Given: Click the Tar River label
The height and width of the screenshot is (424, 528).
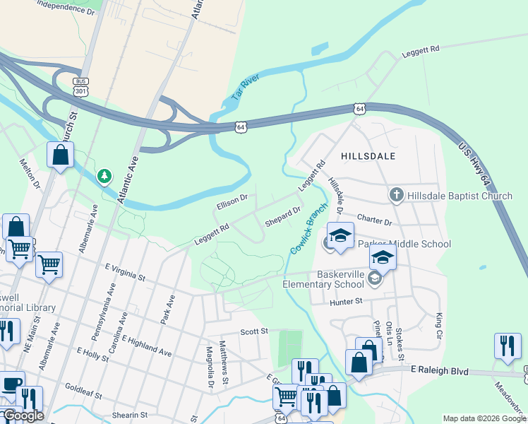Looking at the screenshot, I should coord(246,88).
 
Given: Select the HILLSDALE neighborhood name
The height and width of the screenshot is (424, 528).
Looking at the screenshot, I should coord(368,155).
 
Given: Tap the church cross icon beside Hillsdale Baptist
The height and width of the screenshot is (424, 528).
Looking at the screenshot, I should coord(396,194).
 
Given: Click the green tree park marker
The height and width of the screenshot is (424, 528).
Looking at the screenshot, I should coord(104,175).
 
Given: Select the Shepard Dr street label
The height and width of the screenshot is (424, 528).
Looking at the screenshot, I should coord(283,217).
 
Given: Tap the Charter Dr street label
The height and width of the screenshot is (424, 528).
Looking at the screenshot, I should coord(374,220).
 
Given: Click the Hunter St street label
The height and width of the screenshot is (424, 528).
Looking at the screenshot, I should coord(346,302).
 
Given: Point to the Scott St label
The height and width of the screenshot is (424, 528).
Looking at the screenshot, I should coord(254,331).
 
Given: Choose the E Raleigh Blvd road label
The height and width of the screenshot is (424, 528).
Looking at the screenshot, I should coord(439,370).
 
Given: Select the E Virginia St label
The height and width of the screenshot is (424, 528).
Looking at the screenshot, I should coord(124,272).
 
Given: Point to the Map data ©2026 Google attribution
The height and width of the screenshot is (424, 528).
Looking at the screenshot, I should coord(484,418).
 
